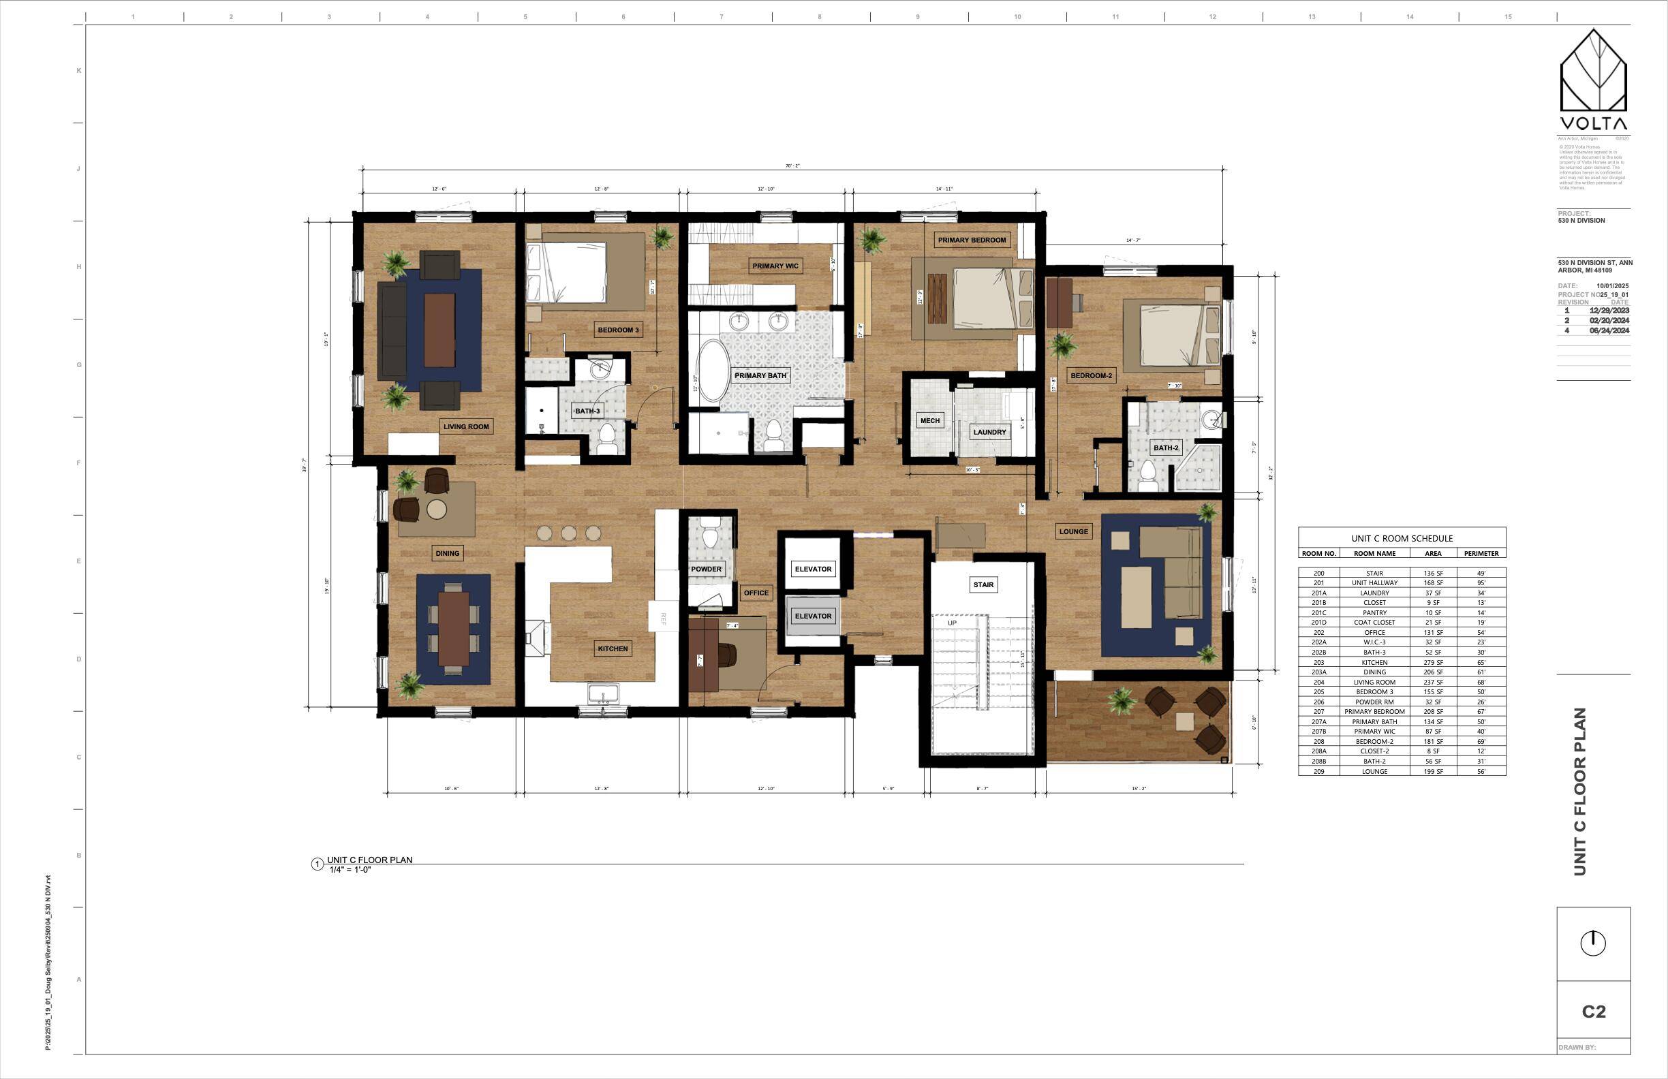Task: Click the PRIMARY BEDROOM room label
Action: (x=972, y=240)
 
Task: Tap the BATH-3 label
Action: (x=587, y=411)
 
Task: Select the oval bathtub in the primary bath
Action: (x=712, y=371)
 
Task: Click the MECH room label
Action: (x=930, y=421)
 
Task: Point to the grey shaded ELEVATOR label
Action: (x=813, y=616)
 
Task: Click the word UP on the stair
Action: (x=952, y=623)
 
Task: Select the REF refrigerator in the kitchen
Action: (x=663, y=616)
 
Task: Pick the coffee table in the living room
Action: (x=439, y=330)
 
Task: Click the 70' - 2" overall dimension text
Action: (x=792, y=166)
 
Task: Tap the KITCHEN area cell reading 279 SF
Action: (x=1432, y=662)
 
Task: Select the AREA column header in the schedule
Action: (x=1432, y=554)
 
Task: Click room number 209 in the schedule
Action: (x=1318, y=771)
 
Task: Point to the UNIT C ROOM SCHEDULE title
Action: (x=1402, y=538)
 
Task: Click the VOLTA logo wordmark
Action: (x=1593, y=124)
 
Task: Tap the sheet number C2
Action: (x=1593, y=1012)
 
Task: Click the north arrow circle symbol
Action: (x=1593, y=943)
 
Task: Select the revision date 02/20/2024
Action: (x=1609, y=320)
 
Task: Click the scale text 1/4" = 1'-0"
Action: (x=350, y=869)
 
